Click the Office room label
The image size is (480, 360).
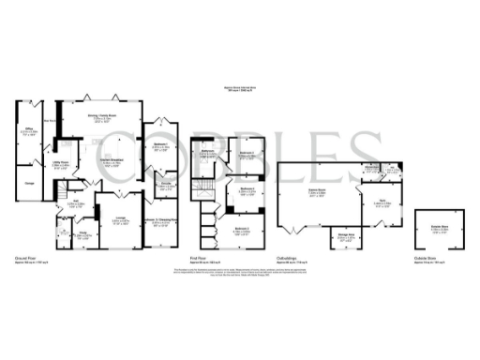point(30,132)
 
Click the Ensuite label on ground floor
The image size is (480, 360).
point(165,184)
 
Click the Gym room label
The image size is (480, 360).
point(382,201)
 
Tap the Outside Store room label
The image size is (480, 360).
point(439,226)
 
